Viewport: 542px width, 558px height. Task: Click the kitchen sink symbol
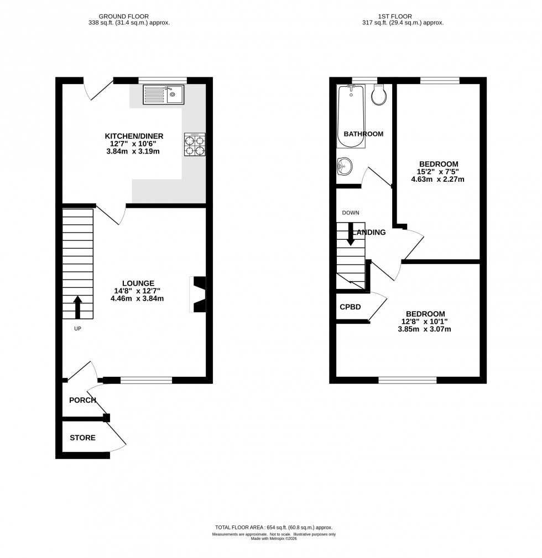point(165,94)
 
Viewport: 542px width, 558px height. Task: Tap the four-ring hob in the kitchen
point(195,145)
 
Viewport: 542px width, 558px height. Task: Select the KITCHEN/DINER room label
point(134,136)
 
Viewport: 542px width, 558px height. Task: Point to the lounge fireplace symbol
point(199,295)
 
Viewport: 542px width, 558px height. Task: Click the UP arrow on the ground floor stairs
point(77,307)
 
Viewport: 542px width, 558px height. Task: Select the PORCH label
point(82,400)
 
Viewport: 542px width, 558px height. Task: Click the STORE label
point(82,438)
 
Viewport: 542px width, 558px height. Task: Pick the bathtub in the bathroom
point(351,117)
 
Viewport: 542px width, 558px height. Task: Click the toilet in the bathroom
point(379,94)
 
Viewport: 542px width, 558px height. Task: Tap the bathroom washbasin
point(344,166)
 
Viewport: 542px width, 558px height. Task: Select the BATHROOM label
point(363,134)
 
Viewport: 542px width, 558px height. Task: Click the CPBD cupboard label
point(350,306)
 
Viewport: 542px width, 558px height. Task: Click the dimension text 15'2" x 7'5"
point(438,172)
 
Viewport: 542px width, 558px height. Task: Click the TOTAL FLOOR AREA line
point(274,528)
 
